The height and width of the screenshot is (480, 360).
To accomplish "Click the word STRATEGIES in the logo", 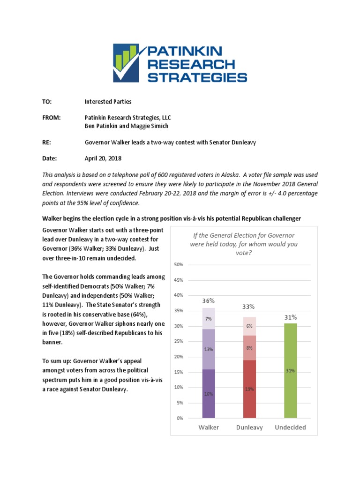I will click(197, 76).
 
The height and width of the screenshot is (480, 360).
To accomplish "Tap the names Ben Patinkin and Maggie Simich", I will click(127, 126).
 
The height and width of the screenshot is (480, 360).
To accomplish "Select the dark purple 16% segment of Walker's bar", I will click(209, 394).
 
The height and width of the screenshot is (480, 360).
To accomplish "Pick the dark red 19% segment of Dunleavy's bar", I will click(249, 389).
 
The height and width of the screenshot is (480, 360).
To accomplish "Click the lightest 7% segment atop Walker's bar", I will click(209, 319).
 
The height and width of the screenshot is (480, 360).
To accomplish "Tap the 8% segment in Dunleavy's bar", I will click(249, 348).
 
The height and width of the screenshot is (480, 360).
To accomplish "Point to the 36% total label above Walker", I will click(209, 300).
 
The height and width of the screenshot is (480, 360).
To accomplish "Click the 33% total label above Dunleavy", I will click(248, 307).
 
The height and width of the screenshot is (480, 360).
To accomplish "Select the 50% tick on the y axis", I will click(179, 265).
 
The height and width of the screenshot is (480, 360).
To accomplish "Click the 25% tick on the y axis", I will click(179, 341).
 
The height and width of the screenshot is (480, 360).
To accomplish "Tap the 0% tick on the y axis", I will click(180, 418).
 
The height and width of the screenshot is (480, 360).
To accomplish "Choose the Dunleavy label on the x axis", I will click(249, 427).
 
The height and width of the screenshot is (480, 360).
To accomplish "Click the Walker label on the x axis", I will click(209, 427).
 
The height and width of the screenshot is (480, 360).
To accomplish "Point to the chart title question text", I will click(244, 244).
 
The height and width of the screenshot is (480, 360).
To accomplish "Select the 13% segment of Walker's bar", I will click(209, 349).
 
